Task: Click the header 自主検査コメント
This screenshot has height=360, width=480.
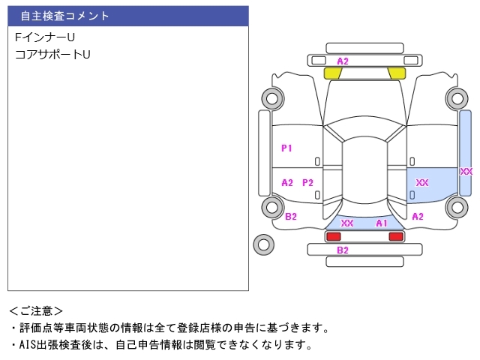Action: [x=64, y=16]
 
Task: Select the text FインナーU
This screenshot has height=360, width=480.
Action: [x=45, y=37]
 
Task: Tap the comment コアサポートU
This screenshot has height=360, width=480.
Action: [x=52, y=55]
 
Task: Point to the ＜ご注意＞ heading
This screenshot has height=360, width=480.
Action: [x=36, y=310]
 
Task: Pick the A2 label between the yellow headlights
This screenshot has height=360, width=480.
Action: [x=343, y=61]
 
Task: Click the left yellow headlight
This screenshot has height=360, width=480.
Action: [x=332, y=73]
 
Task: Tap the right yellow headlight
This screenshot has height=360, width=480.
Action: [x=397, y=73]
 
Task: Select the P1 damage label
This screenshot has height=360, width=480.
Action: [x=286, y=148]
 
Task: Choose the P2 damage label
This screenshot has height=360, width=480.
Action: [x=307, y=182]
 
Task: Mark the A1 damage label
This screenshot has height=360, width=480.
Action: [x=382, y=223]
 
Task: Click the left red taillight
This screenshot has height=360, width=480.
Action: [x=333, y=236]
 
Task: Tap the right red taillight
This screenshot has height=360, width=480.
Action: [x=395, y=236]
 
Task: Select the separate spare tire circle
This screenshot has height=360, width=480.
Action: [x=263, y=243]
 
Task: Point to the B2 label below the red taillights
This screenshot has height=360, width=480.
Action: [x=343, y=250]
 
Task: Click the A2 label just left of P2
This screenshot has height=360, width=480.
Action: [x=286, y=182]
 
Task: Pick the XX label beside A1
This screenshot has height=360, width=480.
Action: [x=347, y=223]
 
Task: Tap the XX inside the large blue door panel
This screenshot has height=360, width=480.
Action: [x=422, y=182]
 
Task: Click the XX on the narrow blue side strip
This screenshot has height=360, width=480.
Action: [x=466, y=172]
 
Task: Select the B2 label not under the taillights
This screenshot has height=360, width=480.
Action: [x=291, y=217]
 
